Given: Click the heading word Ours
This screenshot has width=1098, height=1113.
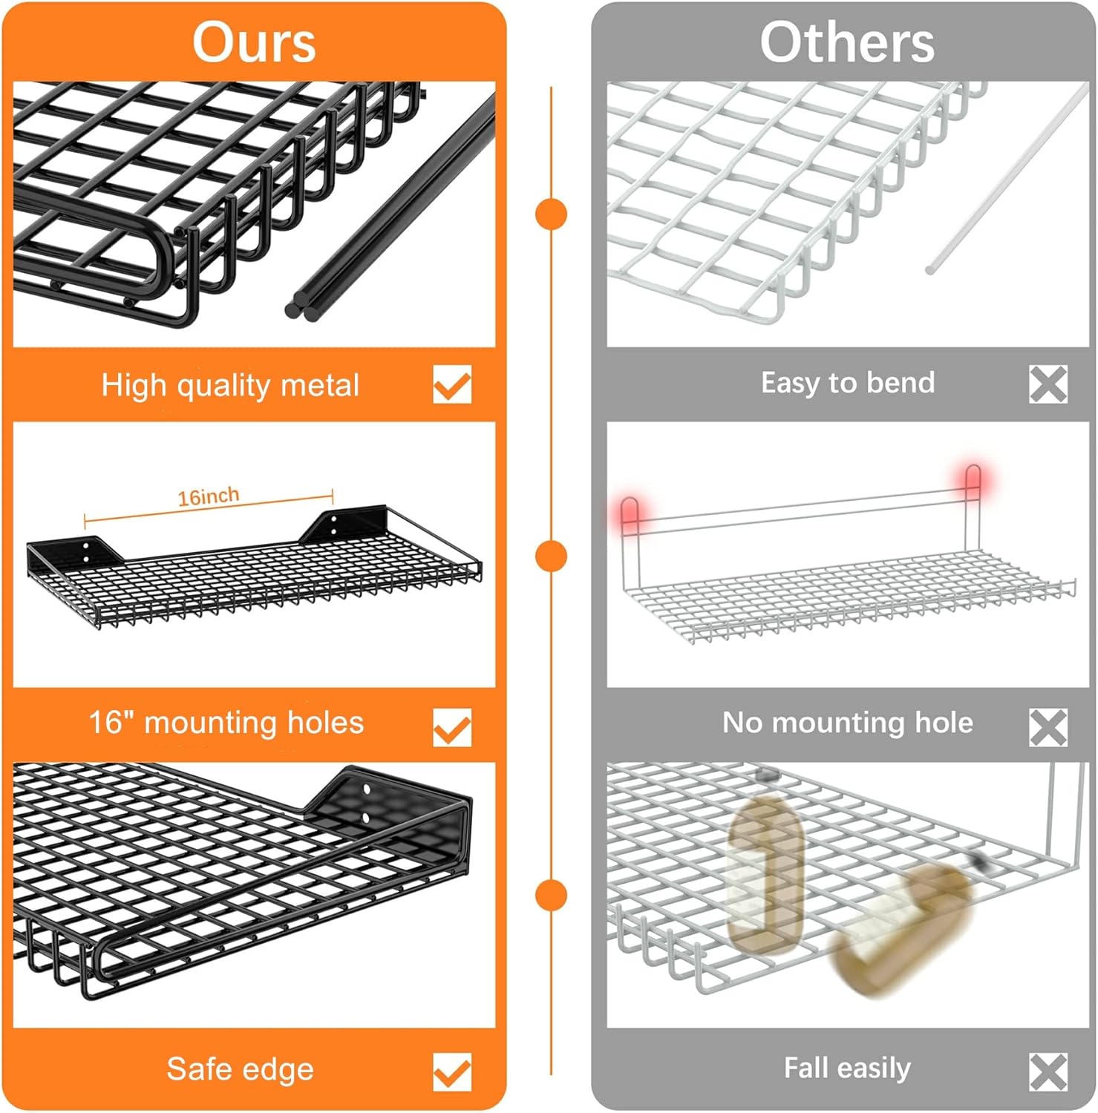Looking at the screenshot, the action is (254, 42).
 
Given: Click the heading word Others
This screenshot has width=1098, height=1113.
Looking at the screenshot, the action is (847, 42).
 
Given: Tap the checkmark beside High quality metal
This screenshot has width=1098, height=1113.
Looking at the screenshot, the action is (452, 384).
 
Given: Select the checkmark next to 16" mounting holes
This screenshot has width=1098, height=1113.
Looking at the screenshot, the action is (452, 727).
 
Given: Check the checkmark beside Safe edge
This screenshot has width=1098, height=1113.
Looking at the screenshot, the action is (452, 1072).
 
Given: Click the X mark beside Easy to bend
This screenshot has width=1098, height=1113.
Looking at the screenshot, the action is (1048, 384).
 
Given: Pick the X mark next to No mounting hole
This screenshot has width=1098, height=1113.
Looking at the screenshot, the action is (1048, 727).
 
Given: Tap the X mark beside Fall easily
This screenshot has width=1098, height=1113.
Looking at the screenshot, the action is (1048, 1072).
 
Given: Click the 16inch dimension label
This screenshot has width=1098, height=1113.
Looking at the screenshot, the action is (209, 496).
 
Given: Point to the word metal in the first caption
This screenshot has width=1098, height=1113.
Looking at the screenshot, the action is (321, 385).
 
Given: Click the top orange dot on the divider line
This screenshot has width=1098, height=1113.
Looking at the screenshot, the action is (551, 214).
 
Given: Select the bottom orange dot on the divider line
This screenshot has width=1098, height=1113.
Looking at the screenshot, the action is (551, 895).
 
